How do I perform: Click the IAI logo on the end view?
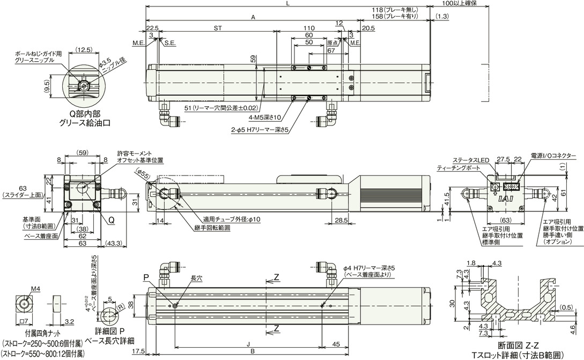coord(504,199)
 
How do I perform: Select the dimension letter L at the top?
coord(289,4)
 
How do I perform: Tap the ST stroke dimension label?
coord(217,28)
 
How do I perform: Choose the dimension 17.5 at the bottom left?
coord(138,351)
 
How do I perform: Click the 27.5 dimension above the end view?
coord(502,159)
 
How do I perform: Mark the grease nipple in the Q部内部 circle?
coord(84,85)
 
